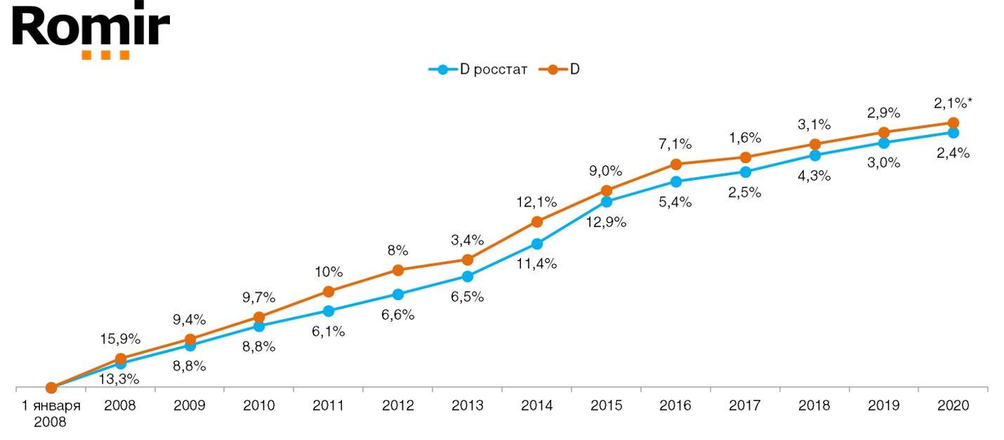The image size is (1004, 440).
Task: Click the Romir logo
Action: [91, 32]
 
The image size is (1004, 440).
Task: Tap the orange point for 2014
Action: [537, 221]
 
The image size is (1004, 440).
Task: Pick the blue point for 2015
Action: [607, 202]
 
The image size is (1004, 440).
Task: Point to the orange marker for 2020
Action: [953, 123]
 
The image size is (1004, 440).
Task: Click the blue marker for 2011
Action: [329, 311]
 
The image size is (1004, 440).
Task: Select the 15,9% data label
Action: [121, 339]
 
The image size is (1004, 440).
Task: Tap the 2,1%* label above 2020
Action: [953, 104]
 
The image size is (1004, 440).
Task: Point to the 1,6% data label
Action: [744, 138]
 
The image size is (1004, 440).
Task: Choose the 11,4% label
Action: [537, 264]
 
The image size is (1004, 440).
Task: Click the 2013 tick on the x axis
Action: [468, 406]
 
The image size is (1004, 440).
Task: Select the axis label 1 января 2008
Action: [51, 413]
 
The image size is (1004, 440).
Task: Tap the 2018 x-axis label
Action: [814, 406]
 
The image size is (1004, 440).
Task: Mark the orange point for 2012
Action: [398, 270]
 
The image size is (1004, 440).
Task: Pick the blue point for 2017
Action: [745, 172]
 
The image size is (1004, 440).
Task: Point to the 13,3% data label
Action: [121, 380]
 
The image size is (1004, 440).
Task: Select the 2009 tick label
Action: [190, 406]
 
